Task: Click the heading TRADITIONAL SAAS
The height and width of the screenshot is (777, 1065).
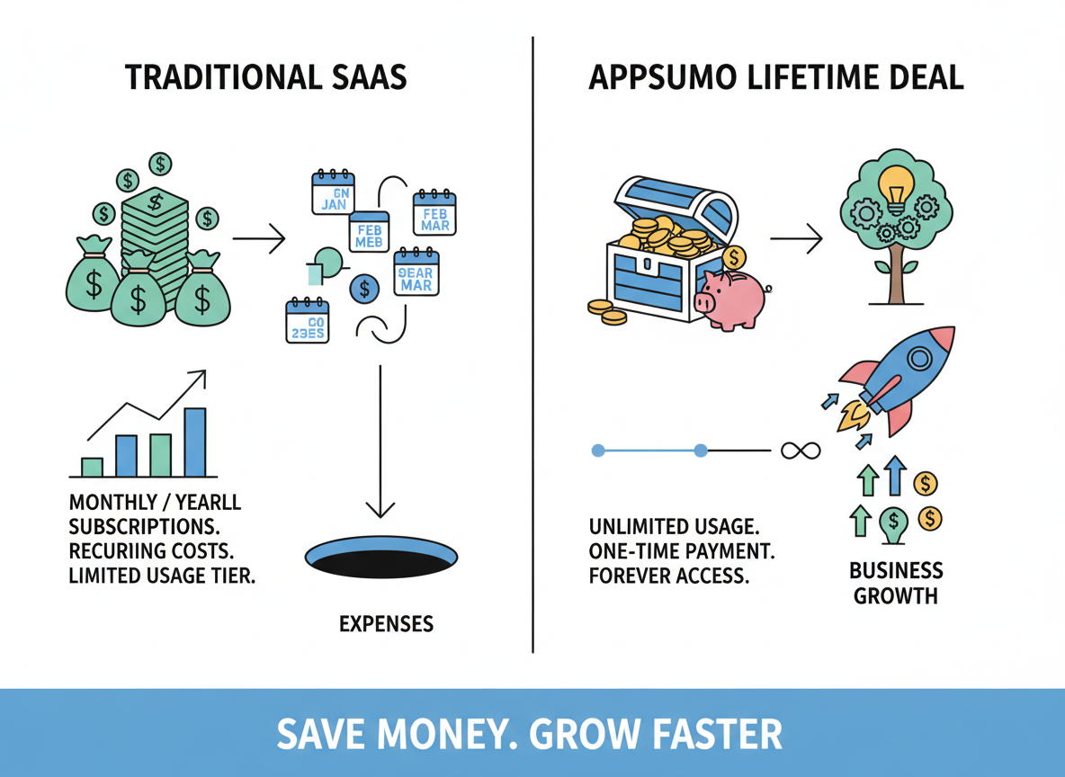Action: click(266, 77)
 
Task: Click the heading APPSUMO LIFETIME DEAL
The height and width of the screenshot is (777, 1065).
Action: click(775, 77)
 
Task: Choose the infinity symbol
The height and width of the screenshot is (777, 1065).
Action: click(801, 450)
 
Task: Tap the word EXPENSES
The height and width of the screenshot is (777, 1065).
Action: click(386, 623)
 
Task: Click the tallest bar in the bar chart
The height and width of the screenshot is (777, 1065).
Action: click(195, 442)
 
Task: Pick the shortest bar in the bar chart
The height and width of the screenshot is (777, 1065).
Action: click(92, 466)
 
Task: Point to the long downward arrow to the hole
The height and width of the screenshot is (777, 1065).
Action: click(381, 441)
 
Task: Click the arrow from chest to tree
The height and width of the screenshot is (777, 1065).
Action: click(796, 239)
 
